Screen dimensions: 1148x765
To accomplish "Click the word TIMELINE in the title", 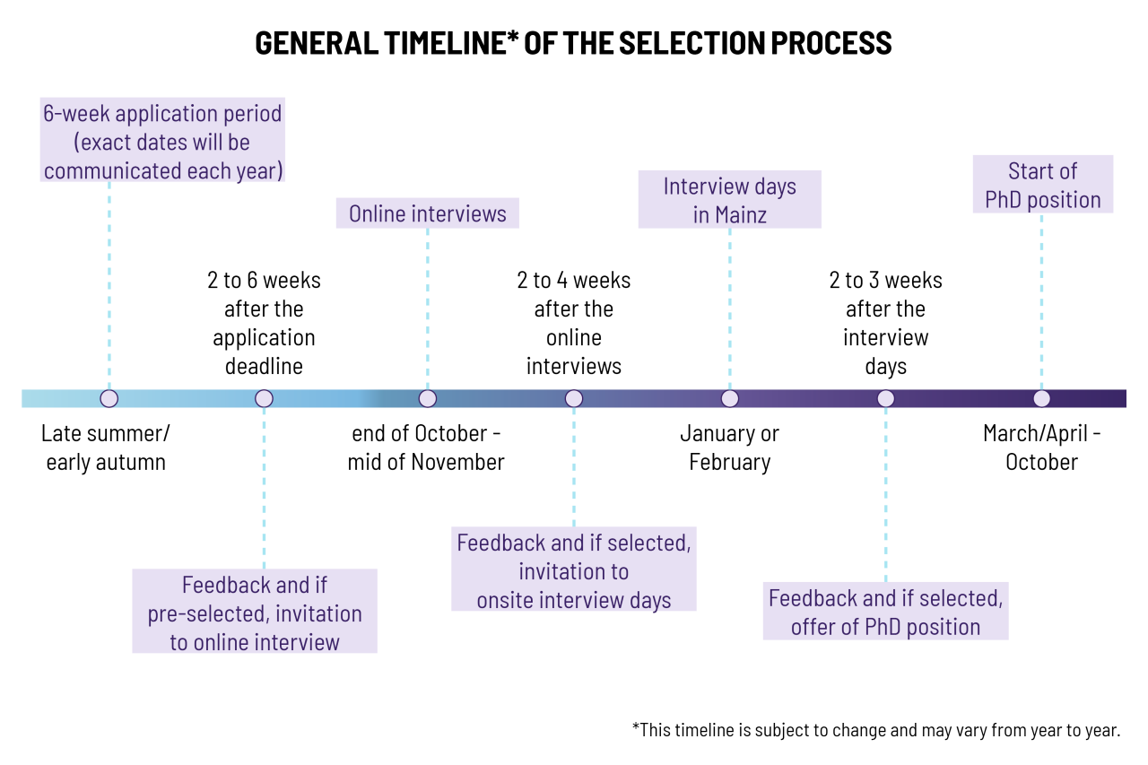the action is [x=444, y=42].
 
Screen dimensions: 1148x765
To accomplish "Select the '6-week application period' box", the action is [x=162, y=140].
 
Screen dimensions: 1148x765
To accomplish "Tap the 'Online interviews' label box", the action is [x=428, y=213].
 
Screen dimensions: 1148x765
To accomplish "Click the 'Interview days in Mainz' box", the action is [x=729, y=199].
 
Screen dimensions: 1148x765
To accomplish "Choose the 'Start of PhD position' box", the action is [x=1043, y=185].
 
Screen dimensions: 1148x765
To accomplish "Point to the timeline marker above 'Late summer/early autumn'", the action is [x=109, y=398].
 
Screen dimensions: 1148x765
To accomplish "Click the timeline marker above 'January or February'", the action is [x=730, y=398].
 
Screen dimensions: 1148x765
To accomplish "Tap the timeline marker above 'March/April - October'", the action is [x=1041, y=398].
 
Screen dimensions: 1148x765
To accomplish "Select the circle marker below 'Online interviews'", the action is [x=428, y=398].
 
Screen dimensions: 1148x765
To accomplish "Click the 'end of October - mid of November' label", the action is [x=426, y=448].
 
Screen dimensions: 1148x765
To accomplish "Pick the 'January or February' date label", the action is [x=729, y=448].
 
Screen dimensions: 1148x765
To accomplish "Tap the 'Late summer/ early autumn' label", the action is [x=106, y=448].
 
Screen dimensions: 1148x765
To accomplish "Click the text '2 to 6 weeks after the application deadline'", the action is [x=264, y=324].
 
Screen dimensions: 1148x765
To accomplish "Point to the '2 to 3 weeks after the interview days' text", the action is [x=885, y=324].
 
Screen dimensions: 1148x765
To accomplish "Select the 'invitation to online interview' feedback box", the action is [x=255, y=611].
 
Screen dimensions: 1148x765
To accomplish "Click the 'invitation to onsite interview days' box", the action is [x=573, y=569].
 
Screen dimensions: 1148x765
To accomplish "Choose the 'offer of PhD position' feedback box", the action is [x=885, y=611].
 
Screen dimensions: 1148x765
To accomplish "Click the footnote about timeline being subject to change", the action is [x=876, y=730].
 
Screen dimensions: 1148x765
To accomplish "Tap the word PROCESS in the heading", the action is [x=831, y=42].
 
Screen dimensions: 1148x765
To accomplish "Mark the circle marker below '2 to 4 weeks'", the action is [x=574, y=398].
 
